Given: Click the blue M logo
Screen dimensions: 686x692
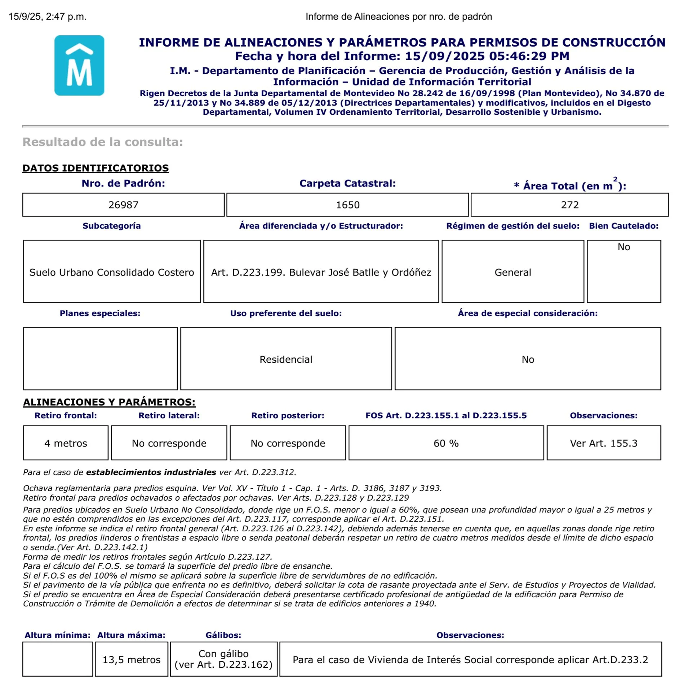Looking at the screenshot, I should click(x=79, y=65).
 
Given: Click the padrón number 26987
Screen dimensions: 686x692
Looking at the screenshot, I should click(x=123, y=205).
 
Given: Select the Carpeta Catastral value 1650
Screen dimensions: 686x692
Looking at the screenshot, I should click(x=347, y=205).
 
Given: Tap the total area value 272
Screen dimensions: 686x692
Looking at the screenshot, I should click(x=569, y=205).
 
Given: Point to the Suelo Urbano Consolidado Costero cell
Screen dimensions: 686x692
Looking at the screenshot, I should click(x=112, y=272).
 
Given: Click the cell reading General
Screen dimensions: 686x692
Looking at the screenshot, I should click(x=513, y=272).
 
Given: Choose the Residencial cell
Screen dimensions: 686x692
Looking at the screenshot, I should click(x=286, y=359).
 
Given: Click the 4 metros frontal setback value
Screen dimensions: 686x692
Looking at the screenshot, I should click(x=66, y=443).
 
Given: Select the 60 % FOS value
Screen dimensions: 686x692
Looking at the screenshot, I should click(x=446, y=443).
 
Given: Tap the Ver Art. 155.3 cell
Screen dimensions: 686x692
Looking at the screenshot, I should click(x=603, y=443).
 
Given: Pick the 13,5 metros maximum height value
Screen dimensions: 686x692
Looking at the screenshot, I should click(x=132, y=660).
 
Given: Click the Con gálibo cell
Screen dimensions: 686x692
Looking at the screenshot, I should click(x=223, y=659).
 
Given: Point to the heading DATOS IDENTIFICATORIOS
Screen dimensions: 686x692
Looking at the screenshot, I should click(x=96, y=168).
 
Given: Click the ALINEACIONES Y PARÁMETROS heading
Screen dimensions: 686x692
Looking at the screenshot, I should click(x=109, y=402).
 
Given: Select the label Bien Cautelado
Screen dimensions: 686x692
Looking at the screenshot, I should click(x=624, y=226).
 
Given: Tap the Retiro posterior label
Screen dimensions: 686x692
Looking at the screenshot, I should click(x=288, y=415).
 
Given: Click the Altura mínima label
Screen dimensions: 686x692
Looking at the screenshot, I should click(x=58, y=635).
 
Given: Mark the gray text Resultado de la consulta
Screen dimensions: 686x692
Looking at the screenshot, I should click(x=103, y=142).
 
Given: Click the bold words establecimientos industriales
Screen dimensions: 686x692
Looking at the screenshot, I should click(x=151, y=472).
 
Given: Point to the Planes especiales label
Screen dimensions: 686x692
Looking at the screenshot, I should click(x=100, y=313).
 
